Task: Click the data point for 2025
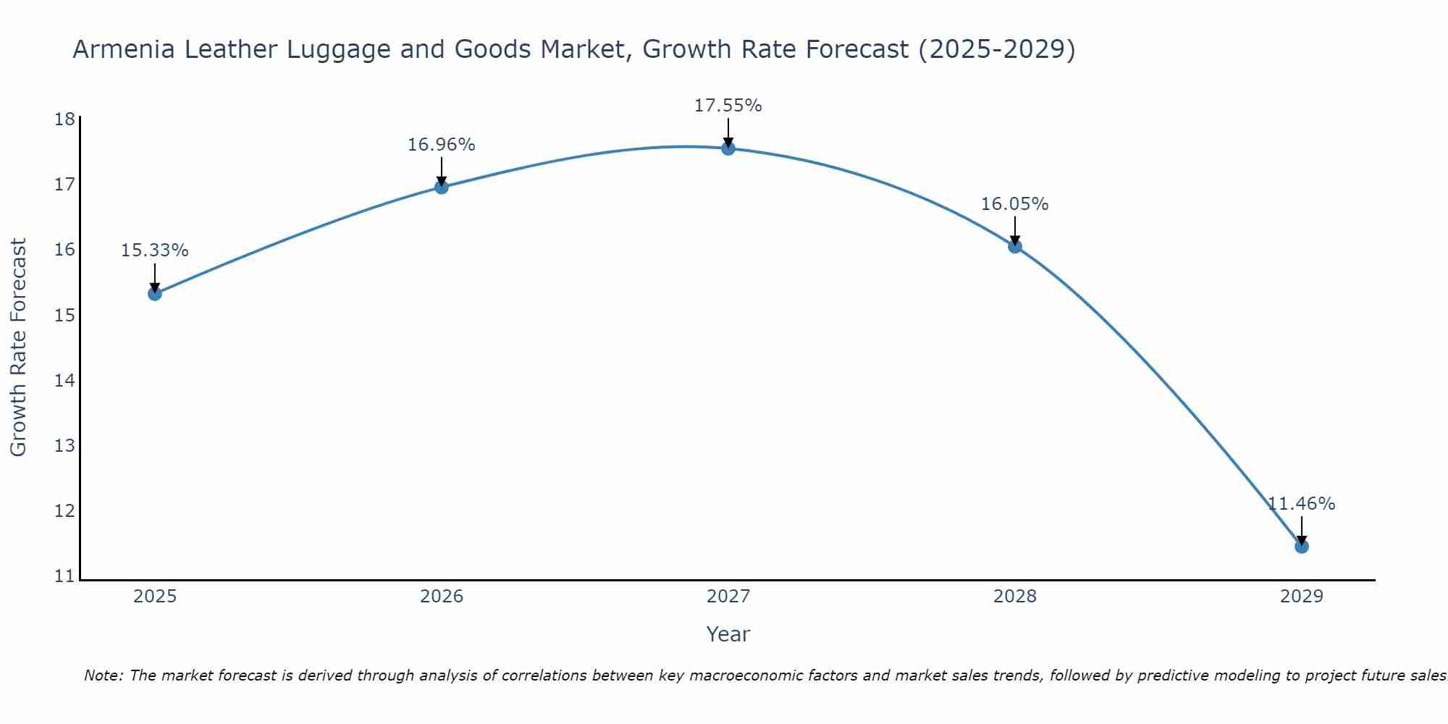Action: point(155,293)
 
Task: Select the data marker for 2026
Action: point(442,187)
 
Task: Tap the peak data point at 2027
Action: point(728,148)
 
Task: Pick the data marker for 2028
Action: point(1015,246)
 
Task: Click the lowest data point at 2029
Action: point(1302,546)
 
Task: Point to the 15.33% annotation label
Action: point(154,251)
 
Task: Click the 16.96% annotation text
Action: point(441,145)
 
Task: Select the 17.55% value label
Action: point(728,106)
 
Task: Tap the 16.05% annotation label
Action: point(1014,204)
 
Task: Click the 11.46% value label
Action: point(1301,504)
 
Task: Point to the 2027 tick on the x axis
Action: point(728,597)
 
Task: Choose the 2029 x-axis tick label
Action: point(1302,597)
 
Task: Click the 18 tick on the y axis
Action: point(64,119)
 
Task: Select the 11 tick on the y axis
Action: point(64,577)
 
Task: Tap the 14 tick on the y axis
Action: point(64,381)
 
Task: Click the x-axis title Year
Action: point(728,634)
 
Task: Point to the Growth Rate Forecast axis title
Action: point(19,348)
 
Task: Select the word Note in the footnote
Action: point(104,675)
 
